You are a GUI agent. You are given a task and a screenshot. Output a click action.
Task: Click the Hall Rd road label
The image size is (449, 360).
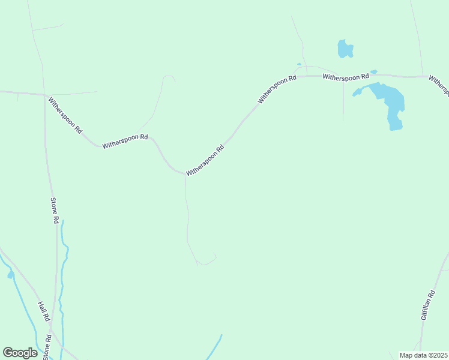tap(43, 311)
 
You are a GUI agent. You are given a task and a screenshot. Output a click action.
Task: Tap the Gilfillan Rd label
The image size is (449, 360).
tap(427, 305)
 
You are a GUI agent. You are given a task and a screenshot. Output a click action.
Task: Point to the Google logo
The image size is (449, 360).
tap(20, 353)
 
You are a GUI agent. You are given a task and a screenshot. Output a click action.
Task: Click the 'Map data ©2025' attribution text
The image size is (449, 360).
tap(423, 355)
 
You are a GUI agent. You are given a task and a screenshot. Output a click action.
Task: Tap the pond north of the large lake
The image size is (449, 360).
tap(345, 49)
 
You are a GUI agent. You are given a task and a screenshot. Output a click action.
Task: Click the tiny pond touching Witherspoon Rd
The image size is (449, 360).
tap(373, 72)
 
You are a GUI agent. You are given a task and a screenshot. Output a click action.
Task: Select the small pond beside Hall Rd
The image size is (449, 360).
tap(10, 275)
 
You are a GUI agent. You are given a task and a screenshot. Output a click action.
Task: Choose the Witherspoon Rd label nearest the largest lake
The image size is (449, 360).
tap(345, 77)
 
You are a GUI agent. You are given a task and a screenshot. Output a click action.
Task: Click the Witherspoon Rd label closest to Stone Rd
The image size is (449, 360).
tap(65, 115)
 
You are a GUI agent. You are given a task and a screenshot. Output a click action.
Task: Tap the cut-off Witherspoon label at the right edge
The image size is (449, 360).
tap(439, 85)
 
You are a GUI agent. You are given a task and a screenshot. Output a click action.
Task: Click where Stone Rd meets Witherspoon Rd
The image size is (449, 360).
tap(45, 95)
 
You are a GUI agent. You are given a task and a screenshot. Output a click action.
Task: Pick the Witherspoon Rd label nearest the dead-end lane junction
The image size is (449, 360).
tap(205, 160)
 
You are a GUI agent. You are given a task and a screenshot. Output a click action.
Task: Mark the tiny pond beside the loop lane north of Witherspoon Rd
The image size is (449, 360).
tap(298, 64)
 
